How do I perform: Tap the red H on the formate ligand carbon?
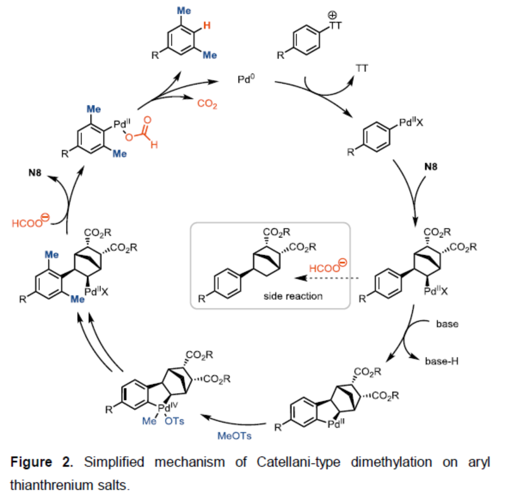pyautogui.click(x=154, y=146)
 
